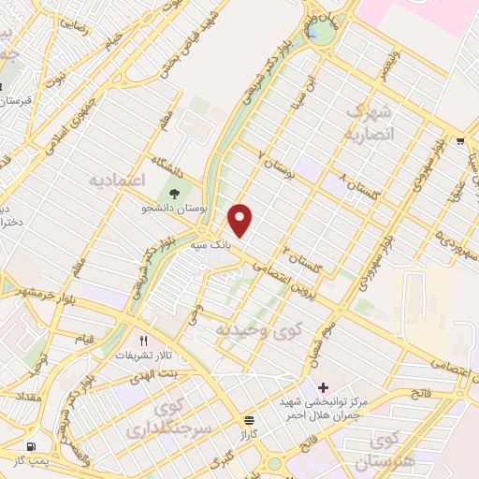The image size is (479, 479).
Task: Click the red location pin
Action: (x=241, y=219)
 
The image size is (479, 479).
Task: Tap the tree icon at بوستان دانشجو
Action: (x=175, y=194)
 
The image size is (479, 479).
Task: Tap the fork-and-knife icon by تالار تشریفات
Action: (x=143, y=341)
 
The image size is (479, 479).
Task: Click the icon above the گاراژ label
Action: (x=248, y=420)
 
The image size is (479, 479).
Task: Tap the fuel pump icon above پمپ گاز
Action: (x=33, y=446)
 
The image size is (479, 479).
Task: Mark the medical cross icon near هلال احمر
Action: (x=324, y=387)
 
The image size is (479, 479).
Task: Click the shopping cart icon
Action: (x=461, y=141)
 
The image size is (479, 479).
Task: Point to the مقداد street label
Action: (x=25, y=399)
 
